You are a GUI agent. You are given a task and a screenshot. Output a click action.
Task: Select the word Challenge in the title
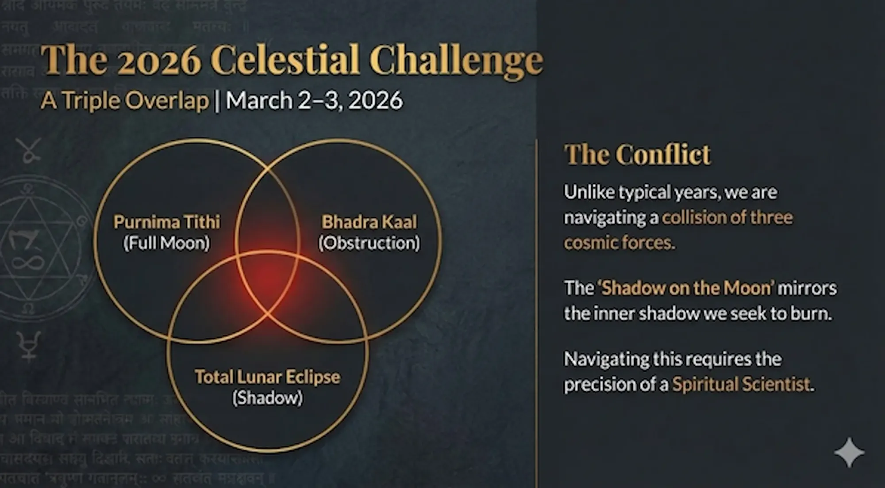click(456, 61)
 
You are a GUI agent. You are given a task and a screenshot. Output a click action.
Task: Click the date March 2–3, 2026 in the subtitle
click(314, 100)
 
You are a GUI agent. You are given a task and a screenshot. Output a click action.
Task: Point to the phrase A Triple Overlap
click(124, 100)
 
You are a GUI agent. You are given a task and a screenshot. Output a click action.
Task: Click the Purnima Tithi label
click(166, 222)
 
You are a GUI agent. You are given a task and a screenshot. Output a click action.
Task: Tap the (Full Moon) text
click(166, 243)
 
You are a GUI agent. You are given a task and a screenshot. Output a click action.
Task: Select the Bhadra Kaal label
click(369, 222)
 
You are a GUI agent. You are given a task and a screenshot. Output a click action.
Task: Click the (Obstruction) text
click(369, 243)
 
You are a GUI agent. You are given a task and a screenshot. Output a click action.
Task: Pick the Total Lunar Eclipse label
click(267, 377)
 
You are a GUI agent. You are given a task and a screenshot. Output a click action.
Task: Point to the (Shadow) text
click(267, 398)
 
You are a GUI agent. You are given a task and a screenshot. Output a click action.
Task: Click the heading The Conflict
click(637, 155)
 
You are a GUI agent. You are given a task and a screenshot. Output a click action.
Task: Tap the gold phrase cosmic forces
click(619, 243)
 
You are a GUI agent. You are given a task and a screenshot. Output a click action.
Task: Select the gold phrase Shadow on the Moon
click(688, 288)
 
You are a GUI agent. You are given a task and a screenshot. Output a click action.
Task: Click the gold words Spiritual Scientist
click(741, 384)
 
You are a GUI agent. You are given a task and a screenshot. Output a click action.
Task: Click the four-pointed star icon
click(849, 452)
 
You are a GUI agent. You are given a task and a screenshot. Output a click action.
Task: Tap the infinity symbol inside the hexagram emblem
click(27, 263)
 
